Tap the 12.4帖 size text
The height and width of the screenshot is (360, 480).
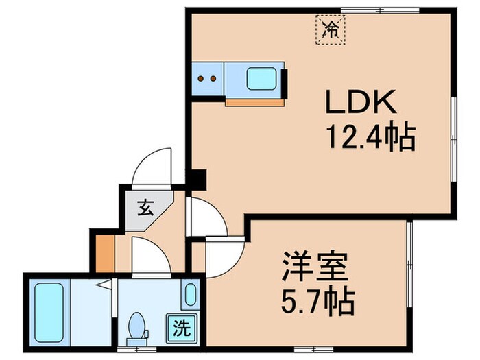370,139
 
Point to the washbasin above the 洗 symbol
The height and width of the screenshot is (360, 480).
190,294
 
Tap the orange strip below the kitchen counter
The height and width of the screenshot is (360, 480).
255,101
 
